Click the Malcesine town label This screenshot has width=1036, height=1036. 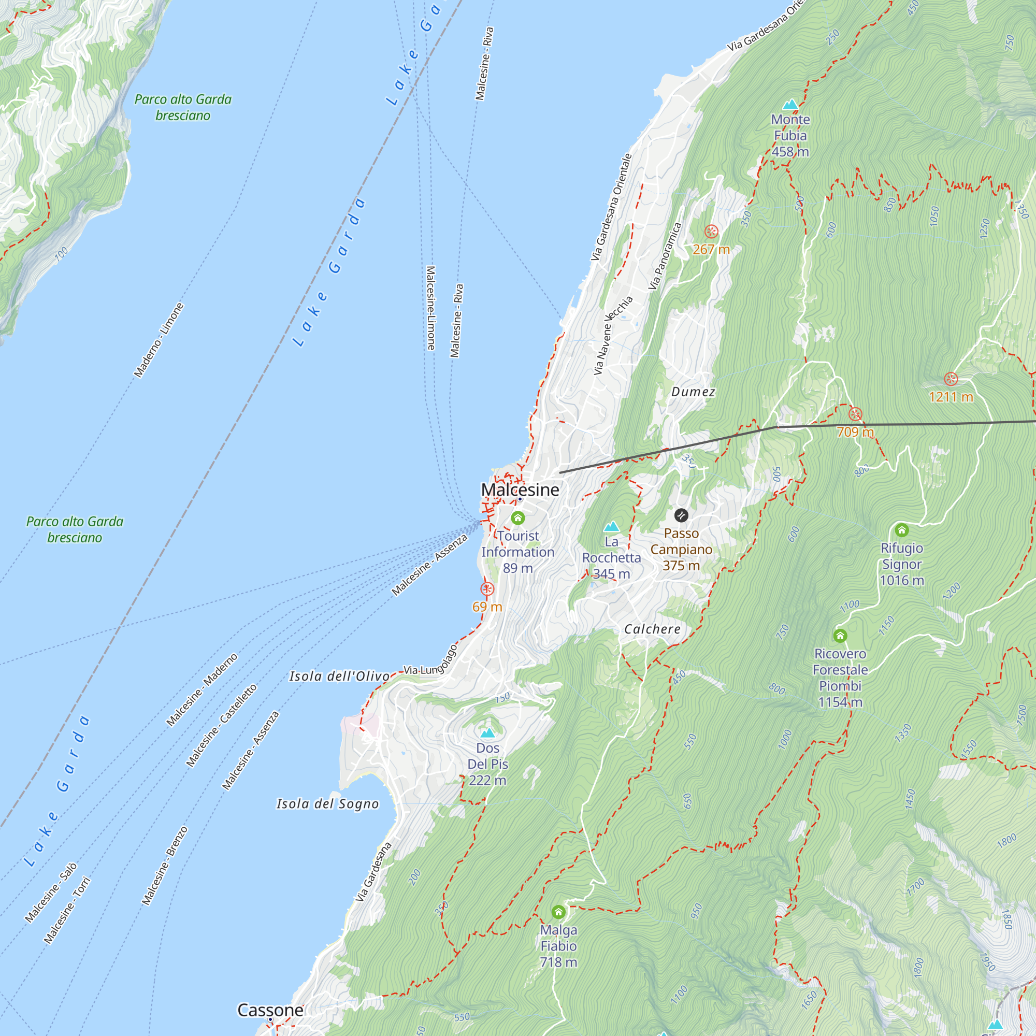coord(520,490)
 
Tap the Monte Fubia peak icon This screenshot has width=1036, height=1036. coord(790,104)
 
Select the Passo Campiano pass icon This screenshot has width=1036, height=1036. coord(681,515)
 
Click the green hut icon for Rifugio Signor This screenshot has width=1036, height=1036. coord(901,530)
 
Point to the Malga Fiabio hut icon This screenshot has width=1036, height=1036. coord(558,912)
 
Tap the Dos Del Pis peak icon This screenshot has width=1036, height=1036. coord(487,732)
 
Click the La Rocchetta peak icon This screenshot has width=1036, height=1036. coord(611,527)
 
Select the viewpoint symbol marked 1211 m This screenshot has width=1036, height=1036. coord(951,379)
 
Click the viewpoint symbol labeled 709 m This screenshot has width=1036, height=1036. coord(855,414)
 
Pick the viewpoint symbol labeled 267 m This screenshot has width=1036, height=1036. coord(711,232)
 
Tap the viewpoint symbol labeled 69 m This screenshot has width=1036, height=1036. coord(487,589)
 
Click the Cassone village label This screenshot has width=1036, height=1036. coord(270,1010)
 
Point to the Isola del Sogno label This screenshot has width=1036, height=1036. coord(328,804)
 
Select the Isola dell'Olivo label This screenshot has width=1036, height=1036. coord(339,676)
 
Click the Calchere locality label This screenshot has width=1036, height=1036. coord(652,629)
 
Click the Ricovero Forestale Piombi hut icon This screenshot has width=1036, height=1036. coord(840,636)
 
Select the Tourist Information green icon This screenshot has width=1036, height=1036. coord(517,518)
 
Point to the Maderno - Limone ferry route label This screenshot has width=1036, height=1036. coord(159,340)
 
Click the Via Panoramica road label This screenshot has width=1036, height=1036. coord(665,256)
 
